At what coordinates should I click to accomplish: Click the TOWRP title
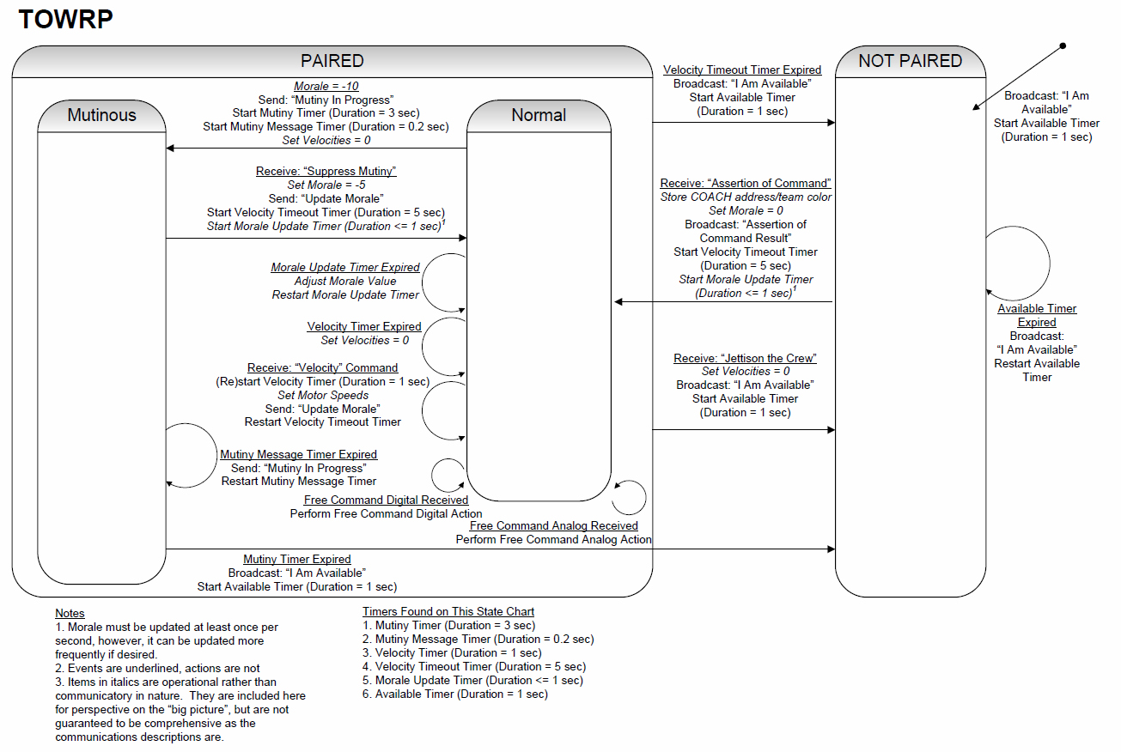65,20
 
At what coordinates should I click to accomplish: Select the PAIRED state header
332,61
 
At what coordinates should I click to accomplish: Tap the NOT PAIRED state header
911,61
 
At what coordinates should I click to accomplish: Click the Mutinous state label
101,115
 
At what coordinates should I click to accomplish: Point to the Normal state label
539,115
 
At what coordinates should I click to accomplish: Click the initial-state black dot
1063,46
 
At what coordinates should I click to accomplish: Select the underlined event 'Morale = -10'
326,86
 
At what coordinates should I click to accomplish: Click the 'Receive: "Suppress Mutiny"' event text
326,171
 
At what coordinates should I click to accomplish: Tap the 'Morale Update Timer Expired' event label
345,268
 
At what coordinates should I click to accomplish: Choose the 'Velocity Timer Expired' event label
364,326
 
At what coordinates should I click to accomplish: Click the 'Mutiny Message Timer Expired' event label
298,454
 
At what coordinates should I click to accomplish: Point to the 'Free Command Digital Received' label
386,500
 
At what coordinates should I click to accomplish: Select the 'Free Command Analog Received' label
553,526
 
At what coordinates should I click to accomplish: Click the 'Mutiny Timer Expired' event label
296,559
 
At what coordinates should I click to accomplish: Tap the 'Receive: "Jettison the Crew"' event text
745,358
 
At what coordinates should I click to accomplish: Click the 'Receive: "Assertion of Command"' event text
745,183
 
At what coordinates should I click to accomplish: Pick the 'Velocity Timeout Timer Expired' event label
742,70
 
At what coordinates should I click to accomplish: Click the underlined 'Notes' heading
70,614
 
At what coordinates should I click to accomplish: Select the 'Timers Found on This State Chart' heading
448,611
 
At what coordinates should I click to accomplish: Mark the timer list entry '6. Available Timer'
455,694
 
